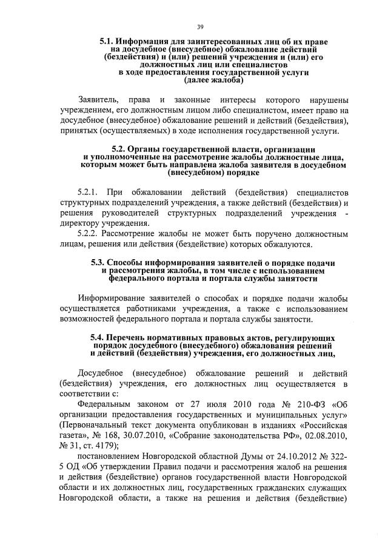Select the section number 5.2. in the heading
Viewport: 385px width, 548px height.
point(124,149)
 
